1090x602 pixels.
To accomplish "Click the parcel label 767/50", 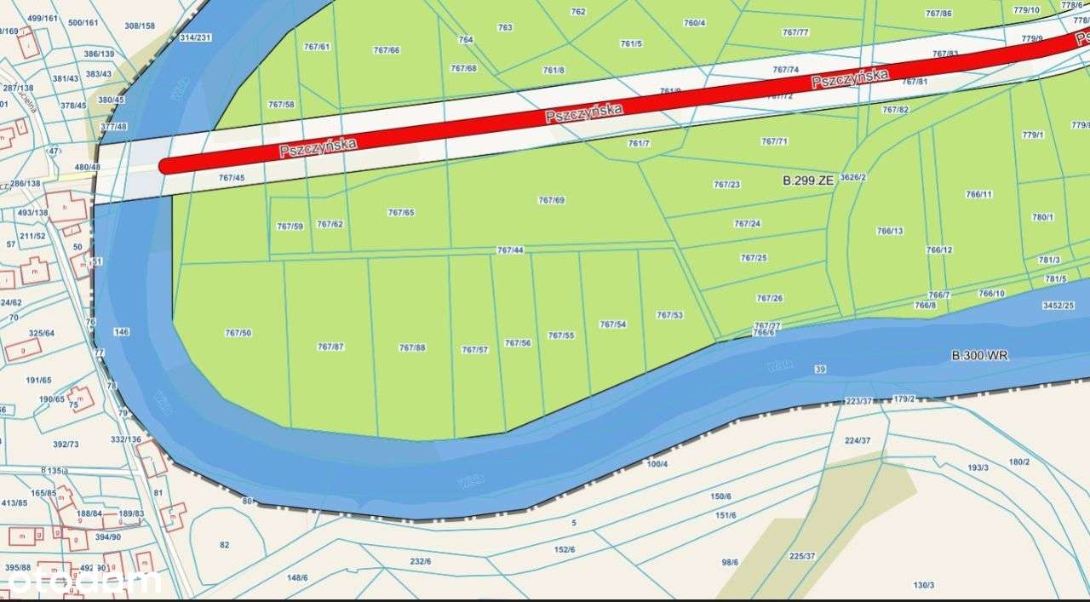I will click(x=239, y=333).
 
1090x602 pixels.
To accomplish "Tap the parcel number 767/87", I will click(x=330, y=347).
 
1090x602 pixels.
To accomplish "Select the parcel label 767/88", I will click(x=412, y=347).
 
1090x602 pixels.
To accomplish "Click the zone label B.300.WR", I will click(x=979, y=355).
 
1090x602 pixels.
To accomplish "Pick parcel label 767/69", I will click(x=552, y=200).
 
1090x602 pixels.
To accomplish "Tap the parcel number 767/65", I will click(x=401, y=212).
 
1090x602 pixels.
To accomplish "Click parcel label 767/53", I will click(x=669, y=315).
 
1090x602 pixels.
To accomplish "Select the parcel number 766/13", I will click(x=890, y=231).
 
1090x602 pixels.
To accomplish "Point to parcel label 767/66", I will click(x=387, y=50).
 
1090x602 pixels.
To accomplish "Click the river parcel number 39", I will click(x=820, y=370).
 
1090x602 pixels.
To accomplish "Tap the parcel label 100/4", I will click(x=657, y=464).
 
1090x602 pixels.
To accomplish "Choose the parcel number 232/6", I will click(x=421, y=561).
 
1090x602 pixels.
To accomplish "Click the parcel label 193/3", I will click(x=978, y=467).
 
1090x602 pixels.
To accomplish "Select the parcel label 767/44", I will click(x=510, y=250).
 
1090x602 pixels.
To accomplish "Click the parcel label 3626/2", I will click(x=852, y=177).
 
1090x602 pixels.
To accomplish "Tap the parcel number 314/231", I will click(x=196, y=37).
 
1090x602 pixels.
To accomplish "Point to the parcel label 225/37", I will click(x=802, y=556).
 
